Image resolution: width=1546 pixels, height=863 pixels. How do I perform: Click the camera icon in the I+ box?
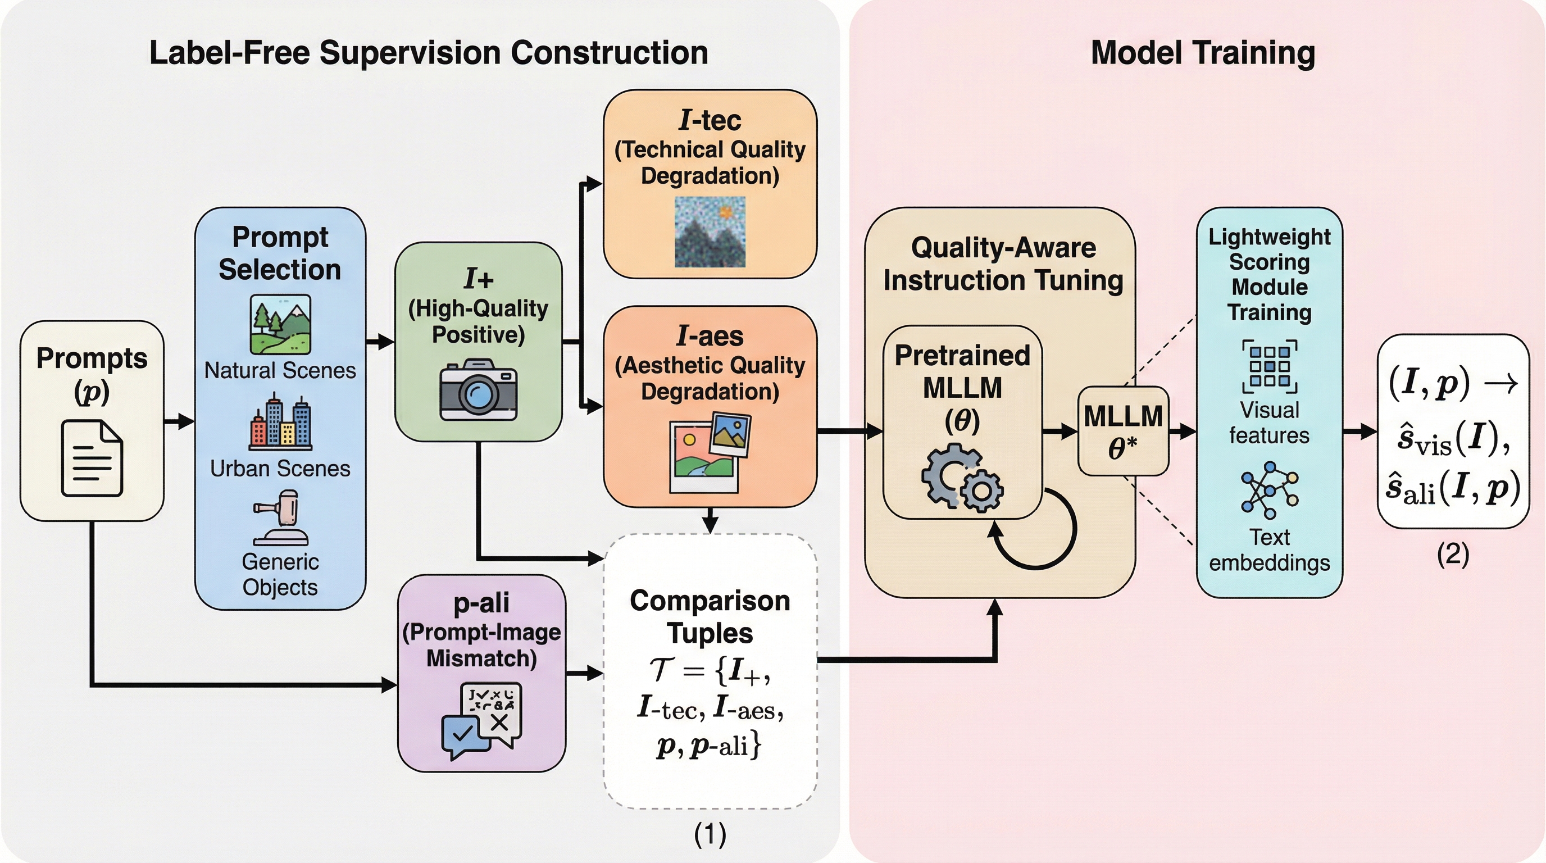(x=478, y=389)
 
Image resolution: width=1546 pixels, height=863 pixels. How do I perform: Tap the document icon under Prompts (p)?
(x=92, y=458)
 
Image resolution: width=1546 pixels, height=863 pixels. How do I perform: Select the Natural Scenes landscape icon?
(x=280, y=324)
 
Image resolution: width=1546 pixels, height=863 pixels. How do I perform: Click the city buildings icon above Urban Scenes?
(x=280, y=422)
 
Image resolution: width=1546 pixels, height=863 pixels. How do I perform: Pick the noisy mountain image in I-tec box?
(x=710, y=231)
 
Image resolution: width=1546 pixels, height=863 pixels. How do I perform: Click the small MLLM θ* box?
(x=1123, y=431)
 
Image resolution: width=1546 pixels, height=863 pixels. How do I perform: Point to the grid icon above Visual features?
(x=1270, y=366)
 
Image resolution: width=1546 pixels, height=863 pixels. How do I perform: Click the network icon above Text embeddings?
(x=1270, y=490)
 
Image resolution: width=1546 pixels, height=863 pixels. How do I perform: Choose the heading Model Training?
(x=1203, y=53)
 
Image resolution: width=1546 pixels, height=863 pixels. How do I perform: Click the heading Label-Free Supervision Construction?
(x=429, y=53)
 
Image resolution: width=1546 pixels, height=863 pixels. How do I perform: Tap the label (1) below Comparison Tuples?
(x=710, y=834)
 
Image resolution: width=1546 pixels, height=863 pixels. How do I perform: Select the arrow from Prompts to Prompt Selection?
(x=179, y=421)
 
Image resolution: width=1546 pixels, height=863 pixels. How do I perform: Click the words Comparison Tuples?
(x=710, y=617)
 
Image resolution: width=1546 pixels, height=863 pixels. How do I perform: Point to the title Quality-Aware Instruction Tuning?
(x=1003, y=264)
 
